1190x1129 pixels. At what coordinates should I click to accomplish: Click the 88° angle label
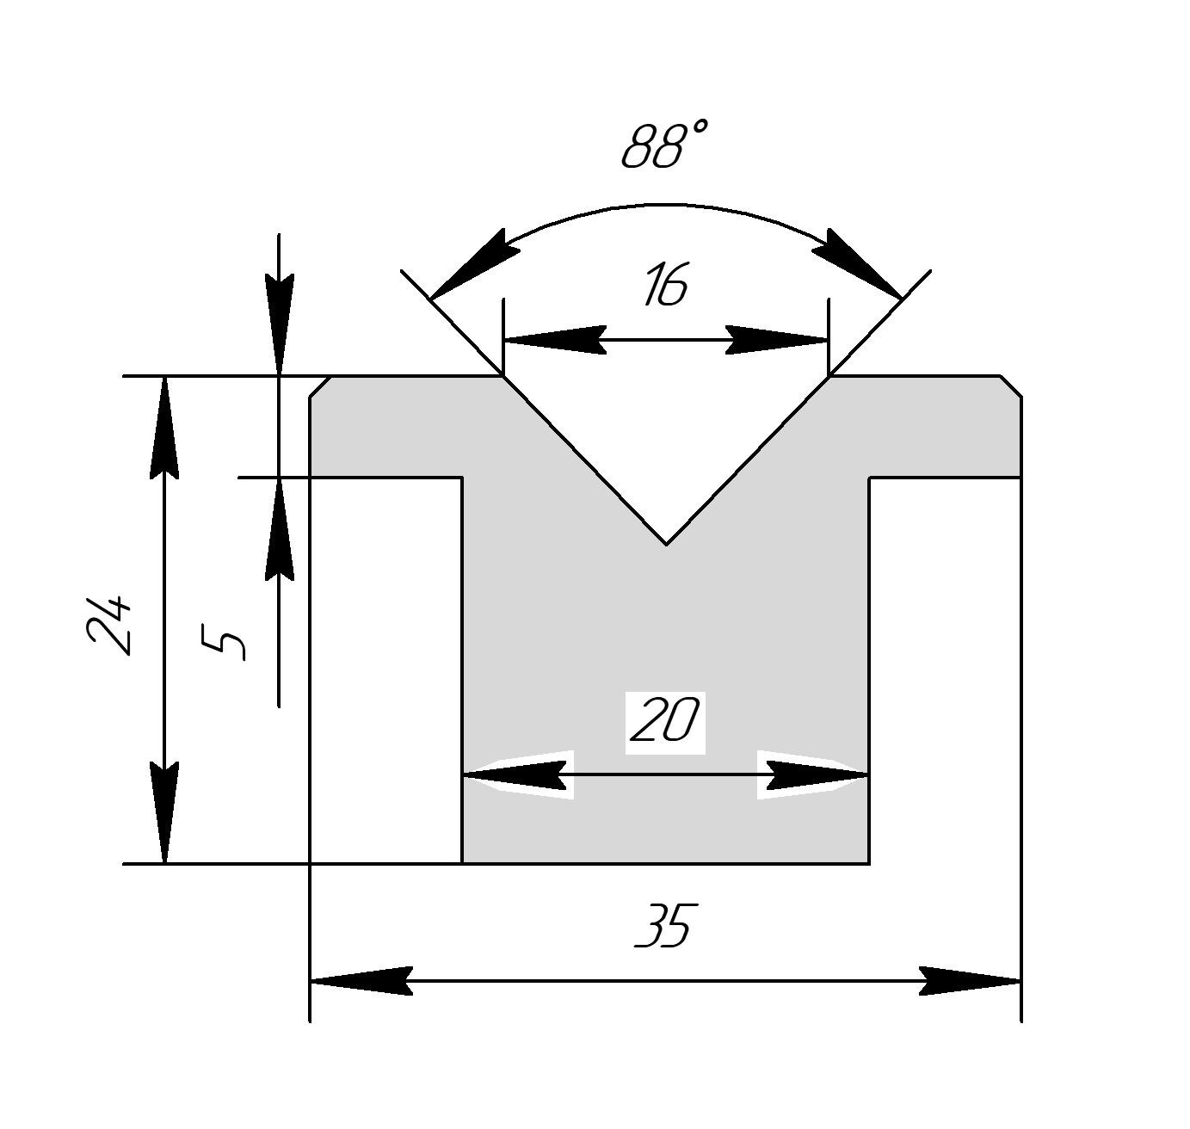664,145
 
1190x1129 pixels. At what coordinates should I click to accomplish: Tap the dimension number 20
665,721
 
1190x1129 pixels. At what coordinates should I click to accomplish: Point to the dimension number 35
663,926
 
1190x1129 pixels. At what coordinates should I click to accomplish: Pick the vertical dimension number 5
225,642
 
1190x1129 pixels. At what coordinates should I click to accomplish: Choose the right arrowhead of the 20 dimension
817,775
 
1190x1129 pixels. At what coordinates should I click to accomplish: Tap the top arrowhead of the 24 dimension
163,425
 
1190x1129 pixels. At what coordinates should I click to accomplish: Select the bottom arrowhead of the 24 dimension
163,813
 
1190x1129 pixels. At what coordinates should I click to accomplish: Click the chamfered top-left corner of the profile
320,386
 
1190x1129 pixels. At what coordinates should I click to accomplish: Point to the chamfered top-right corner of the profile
1011,386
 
